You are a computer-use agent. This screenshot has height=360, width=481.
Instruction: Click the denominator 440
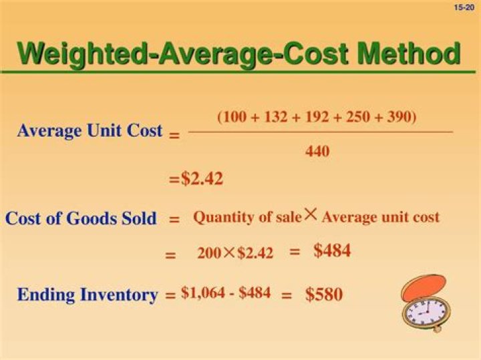317,152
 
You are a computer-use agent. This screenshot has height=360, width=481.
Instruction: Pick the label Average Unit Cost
90,130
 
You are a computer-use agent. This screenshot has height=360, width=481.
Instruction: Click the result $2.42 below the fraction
202,179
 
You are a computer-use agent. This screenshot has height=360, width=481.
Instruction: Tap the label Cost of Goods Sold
81,218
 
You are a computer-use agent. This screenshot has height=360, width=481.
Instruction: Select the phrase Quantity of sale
247,217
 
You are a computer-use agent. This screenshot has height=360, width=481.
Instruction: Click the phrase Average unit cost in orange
381,217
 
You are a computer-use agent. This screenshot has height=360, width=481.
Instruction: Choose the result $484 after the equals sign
332,251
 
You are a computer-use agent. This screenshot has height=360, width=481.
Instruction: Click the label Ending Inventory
87,295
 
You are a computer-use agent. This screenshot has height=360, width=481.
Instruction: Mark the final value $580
324,294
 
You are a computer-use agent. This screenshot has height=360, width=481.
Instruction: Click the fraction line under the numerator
321,132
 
